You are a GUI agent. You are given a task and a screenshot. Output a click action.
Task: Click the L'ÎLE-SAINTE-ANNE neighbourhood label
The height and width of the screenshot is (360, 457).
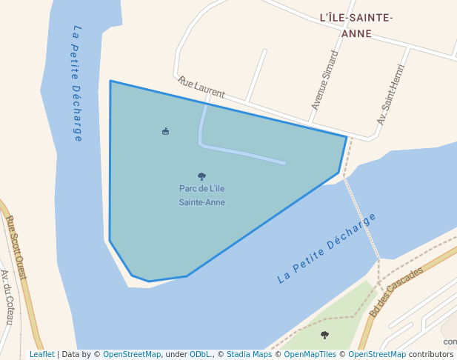coord(356,25)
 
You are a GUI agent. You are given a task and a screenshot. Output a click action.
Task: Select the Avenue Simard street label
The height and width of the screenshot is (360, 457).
coord(324,80)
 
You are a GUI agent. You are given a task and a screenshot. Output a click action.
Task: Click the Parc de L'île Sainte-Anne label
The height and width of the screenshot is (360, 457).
coord(201,195)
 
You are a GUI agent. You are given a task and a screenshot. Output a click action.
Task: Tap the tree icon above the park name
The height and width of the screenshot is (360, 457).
coord(201,176)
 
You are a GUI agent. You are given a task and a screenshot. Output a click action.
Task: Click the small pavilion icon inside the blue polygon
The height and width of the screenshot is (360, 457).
coord(165,131)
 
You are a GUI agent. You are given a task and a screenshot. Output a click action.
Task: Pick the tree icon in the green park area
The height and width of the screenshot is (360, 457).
coord(324,335)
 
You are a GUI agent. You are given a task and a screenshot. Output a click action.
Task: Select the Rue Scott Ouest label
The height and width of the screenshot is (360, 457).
coord(16,247)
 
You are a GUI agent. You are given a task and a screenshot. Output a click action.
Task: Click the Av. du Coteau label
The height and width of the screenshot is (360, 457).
coord(7,297)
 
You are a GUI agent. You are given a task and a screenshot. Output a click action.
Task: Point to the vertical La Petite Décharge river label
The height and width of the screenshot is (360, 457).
coord(77,83)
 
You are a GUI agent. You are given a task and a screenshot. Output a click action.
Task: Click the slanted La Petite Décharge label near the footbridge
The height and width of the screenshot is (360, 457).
coord(327,247)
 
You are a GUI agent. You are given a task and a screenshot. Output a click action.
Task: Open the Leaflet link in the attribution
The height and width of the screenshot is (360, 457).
coord(42,355)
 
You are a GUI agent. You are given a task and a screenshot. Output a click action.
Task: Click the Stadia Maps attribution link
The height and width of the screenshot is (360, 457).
coord(250,355)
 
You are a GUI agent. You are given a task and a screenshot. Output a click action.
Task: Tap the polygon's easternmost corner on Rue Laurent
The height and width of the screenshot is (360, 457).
coord(347,136)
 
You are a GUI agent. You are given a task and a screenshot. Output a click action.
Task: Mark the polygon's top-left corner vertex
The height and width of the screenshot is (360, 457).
coord(110,81)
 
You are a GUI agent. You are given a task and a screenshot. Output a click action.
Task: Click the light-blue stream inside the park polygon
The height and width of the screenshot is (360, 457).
coord(244,154)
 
